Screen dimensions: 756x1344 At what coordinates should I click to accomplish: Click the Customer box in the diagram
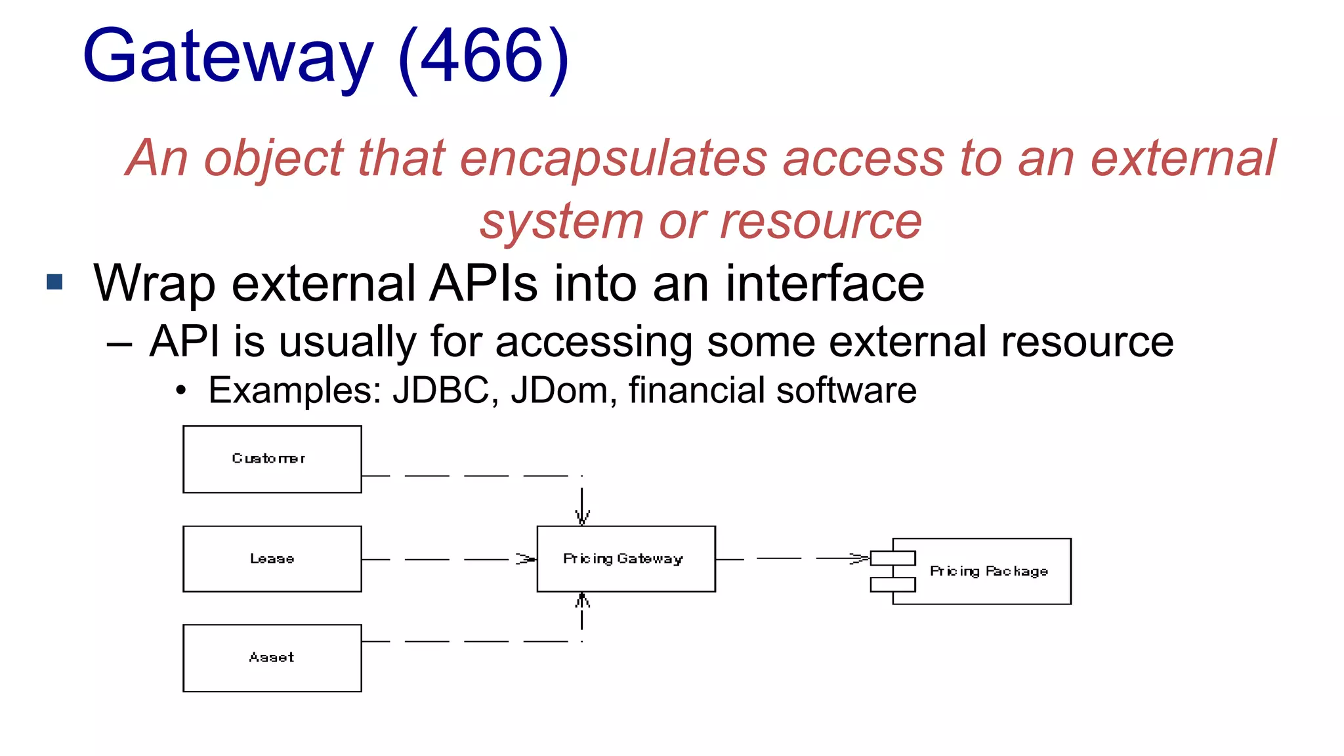tap(272, 459)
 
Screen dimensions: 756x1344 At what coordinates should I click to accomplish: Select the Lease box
tap(272, 558)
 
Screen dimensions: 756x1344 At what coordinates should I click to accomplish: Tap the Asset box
tap(272, 658)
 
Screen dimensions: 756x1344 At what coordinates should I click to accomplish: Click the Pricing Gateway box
tap(625, 558)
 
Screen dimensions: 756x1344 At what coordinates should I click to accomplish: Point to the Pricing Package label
tap(988, 571)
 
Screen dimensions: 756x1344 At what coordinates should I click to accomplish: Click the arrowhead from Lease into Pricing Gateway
tap(526, 559)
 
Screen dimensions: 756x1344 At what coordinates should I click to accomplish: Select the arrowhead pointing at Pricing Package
tap(859, 558)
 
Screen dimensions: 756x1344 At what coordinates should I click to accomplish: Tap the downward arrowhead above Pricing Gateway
tap(582, 517)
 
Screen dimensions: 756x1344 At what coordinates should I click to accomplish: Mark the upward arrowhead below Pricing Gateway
tap(582, 600)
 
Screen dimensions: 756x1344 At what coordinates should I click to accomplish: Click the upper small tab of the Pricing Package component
tap(892, 558)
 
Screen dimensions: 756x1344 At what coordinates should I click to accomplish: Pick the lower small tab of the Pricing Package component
tap(892, 584)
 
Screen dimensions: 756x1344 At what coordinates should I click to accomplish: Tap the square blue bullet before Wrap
tap(55, 282)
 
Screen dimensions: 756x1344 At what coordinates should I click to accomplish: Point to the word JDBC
tap(440, 390)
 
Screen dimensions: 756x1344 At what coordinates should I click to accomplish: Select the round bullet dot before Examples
tap(181, 391)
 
